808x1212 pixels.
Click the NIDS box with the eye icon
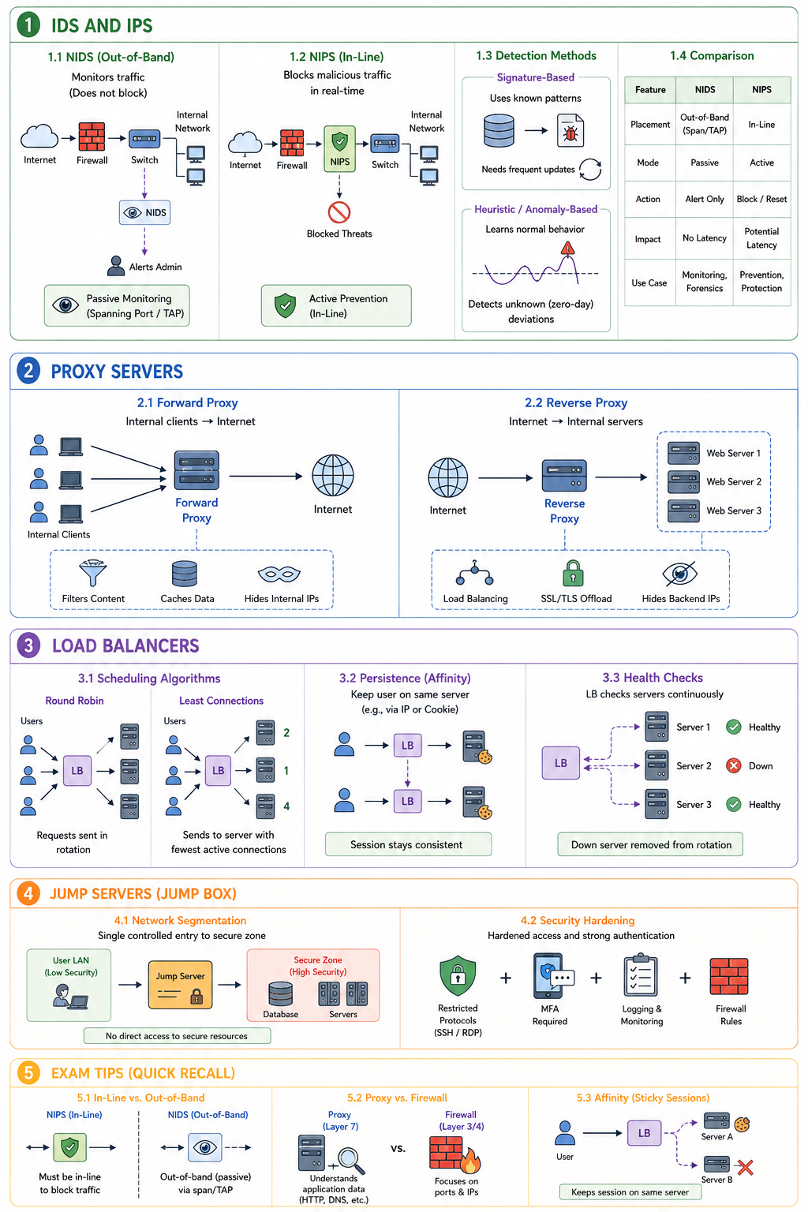[x=144, y=212]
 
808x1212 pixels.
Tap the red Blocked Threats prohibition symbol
[x=339, y=212]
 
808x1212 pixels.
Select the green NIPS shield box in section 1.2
[x=339, y=149]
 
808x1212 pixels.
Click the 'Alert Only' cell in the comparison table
[x=704, y=199]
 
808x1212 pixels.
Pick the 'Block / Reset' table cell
[x=761, y=199]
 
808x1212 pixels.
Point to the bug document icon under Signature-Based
[x=570, y=130]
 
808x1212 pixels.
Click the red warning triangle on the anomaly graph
[x=567, y=249]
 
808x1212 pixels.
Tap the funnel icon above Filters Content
[x=92, y=573]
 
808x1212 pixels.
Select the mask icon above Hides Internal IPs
[x=279, y=574]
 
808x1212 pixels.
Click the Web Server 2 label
[x=733, y=481]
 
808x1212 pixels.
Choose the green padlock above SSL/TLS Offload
[x=573, y=573]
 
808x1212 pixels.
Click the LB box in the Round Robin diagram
[x=77, y=770]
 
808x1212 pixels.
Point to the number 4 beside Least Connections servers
[x=286, y=806]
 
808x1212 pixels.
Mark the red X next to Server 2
[x=733, y=765]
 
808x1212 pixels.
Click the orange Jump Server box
[x=180, y=985]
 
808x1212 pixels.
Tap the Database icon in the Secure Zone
[x=280, y=993]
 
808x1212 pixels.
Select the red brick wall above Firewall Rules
[x=729, y=977]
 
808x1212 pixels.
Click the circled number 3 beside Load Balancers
[x=28, y=645]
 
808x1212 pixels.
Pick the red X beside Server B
[x=745, y=1167]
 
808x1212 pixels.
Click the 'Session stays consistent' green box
[x=408, y=844]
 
